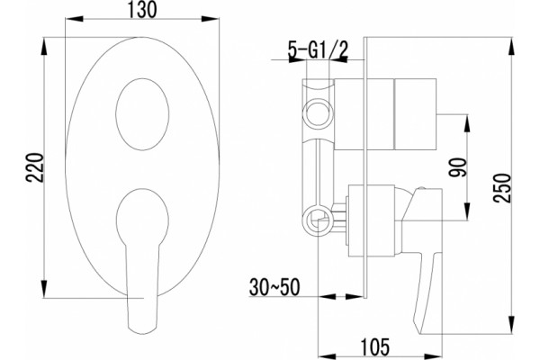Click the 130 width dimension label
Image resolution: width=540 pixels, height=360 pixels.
point(143,9)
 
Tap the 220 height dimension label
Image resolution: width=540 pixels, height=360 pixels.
point(35,167)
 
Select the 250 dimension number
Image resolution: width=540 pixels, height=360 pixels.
point(501,188)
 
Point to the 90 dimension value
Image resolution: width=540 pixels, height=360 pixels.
point(458,167)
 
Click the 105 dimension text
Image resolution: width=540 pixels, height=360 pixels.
point(375,346)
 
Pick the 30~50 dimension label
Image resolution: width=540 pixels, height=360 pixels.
point(274,287)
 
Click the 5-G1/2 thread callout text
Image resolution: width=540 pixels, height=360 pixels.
point(319,51)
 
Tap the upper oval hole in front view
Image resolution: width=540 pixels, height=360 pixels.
point(142,114)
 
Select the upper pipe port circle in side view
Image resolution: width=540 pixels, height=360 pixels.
point(318,112)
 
